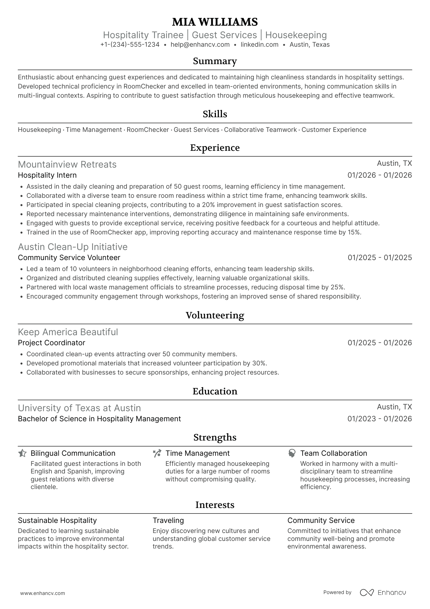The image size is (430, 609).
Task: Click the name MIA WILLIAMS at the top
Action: click(215, 22)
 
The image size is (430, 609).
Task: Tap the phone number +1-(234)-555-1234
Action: click(130, 45)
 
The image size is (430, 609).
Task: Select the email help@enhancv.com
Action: click(200, 45)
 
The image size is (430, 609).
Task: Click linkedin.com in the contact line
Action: click(260, 45)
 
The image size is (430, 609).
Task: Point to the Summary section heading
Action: click(215, 61)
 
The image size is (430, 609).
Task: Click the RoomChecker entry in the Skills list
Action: click(148, 130)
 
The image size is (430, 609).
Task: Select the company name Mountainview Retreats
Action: click(67, 165)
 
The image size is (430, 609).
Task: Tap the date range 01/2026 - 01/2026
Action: click(380, 175)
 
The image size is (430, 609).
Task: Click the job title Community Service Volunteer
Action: click(69, 258)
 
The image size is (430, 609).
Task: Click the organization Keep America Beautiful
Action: click(68, 332)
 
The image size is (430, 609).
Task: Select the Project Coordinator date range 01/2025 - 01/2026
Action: click(380, 343)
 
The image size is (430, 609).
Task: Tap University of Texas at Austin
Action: click(79, 408)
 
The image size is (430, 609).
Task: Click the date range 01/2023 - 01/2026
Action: click(380, 419)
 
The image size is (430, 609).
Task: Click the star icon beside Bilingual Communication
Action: click(22, 453)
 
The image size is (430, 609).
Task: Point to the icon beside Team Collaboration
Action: click(292, 453)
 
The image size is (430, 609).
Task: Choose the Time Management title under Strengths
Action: click(197, 453)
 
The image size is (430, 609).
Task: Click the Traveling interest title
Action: click(168, 520)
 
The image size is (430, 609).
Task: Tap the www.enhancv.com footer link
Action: click(42, 593)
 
